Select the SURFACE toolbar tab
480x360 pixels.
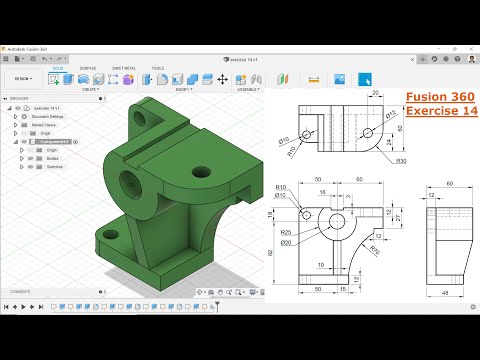coord(88,68)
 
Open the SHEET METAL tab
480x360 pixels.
coord(124,68)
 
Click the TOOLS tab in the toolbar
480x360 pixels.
coord(158,68)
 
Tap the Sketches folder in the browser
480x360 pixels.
coord(53,166)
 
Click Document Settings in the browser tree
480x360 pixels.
coord(49,116)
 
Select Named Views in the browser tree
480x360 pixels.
coord(45,124)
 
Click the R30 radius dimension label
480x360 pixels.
coord(400,160)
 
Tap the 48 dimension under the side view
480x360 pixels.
coord(442,292)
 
